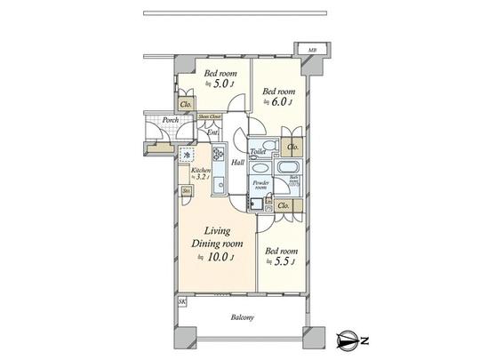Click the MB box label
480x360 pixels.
[x=312, y=49]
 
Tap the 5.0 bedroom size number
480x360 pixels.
[x=219, y=84]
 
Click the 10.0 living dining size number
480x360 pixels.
[x=219, y=257]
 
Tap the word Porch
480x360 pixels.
[x=171, y=120]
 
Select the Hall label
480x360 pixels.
[x=237, y=163]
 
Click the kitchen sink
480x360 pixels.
[x=216, y=185]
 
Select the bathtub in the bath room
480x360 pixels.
[x=289, y=168]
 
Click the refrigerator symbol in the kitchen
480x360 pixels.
[x=186, y=153]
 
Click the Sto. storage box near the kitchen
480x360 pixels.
[x=187, y=191]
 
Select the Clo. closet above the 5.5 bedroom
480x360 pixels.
[x=283, y=206]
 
